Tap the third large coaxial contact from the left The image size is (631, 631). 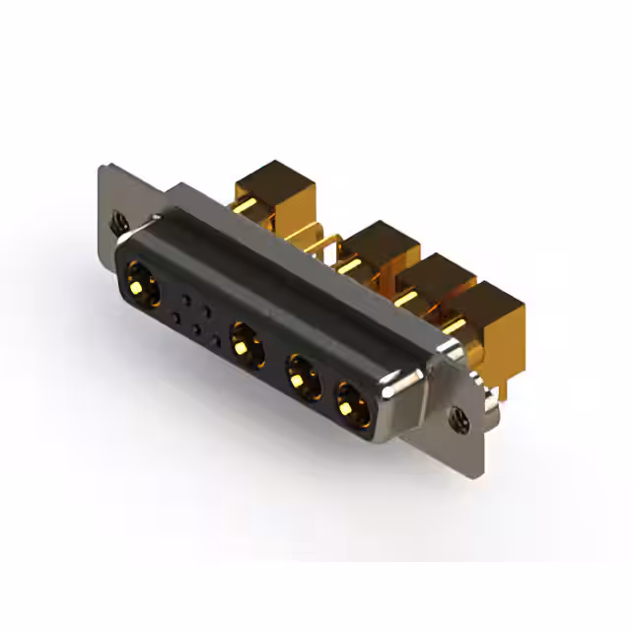(x=300, y=377)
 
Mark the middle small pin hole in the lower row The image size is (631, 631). (x=195, y=329)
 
